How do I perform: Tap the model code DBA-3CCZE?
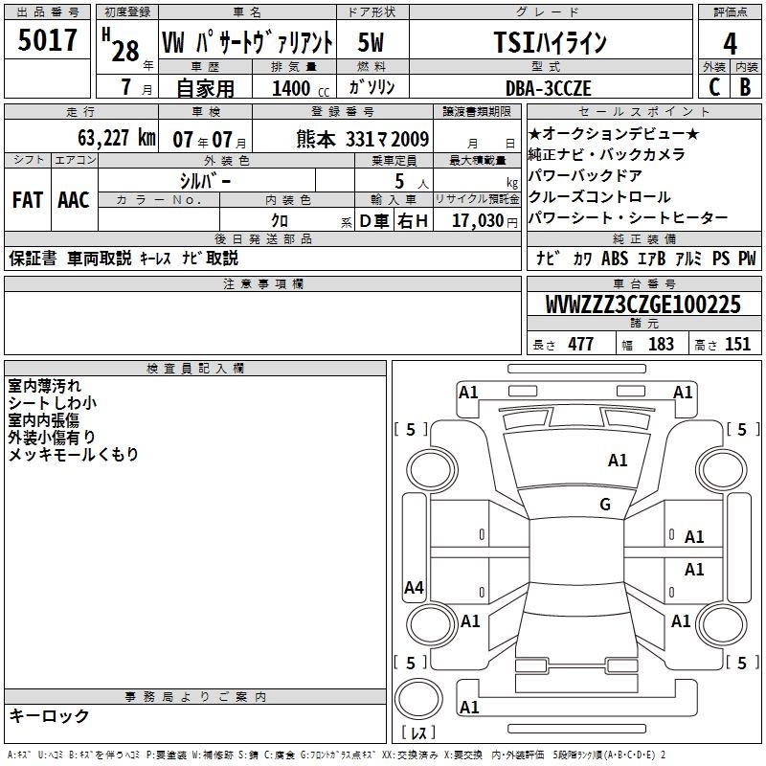(x=549, y=88)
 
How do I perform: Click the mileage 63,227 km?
(x=108, y=138)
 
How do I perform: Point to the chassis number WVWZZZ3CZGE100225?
(x=642, y=304)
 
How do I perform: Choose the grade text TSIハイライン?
(x=549, y=43)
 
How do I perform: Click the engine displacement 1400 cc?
(x=293, y=88)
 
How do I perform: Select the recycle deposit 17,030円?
(x=478, y=220)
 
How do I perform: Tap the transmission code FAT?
(x=27, y=200)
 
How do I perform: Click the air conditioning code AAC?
(x=73, y=200)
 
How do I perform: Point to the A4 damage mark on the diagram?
(x=414, y=588)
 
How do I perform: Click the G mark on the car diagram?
(x=605, y=505)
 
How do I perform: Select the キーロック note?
(x=49, y=715)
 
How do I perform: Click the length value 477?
(x=580, y=345)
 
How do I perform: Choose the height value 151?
(x=737, y=345)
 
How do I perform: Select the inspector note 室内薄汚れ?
(x=45, y=386)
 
